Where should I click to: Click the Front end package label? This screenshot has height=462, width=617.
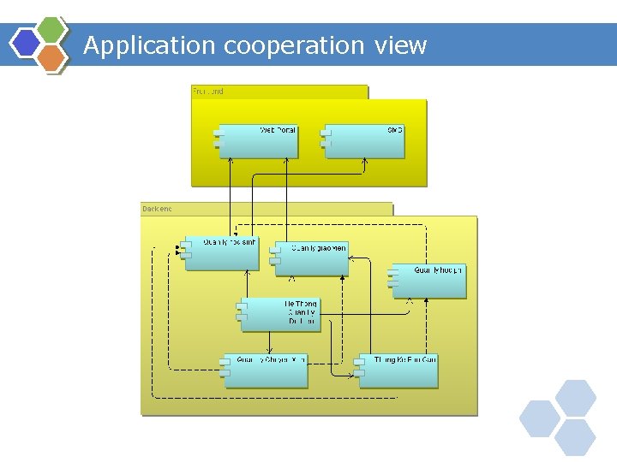coord(208,91)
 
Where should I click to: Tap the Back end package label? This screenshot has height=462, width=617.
coord(159,208)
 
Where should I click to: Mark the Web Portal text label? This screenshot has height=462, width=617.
coord(278,130)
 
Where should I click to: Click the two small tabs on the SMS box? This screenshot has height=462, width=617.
coord(326,138)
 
